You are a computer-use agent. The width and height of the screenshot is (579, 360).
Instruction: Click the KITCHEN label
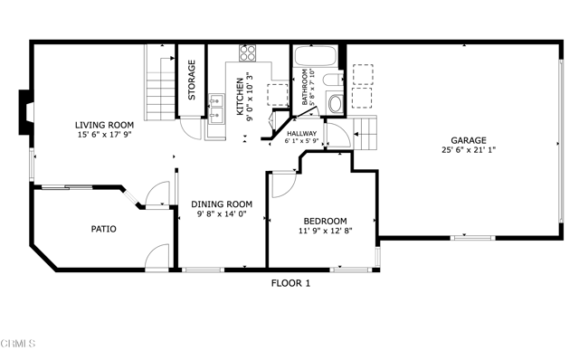240,95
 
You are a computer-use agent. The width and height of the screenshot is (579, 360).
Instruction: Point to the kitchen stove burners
249,52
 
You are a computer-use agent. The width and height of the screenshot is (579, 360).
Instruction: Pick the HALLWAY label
301,134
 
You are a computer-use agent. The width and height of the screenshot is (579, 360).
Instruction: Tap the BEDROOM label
324,221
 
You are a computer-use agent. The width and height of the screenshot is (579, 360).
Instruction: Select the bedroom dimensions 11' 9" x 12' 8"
324,232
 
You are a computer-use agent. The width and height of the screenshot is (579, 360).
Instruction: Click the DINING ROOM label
221,204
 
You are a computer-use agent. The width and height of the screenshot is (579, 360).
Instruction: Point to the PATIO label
104,229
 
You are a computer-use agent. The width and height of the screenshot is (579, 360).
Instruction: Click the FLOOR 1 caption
291,283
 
